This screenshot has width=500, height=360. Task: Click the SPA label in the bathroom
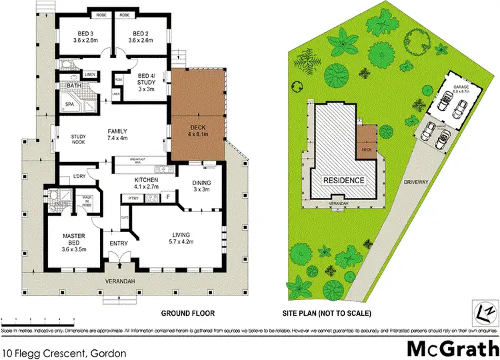tap(69, 104)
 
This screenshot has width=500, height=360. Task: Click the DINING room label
tap(200, 181)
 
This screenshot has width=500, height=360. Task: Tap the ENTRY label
tap(117, 243)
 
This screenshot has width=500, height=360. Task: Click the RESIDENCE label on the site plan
tap(345, 180)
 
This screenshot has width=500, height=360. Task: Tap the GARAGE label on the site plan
tap(457, 87)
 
